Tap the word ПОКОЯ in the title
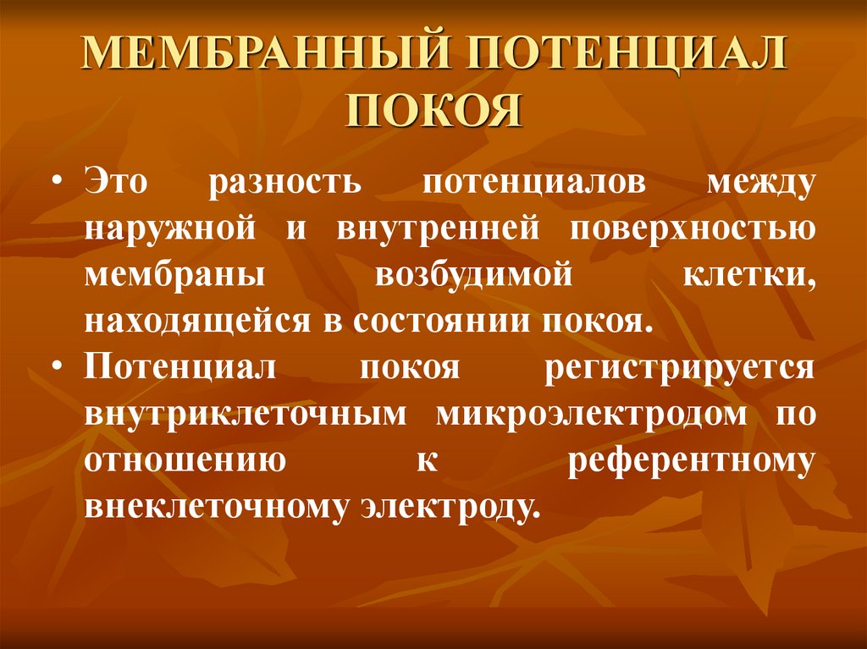pyautogui.click(x=434, y=111)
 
